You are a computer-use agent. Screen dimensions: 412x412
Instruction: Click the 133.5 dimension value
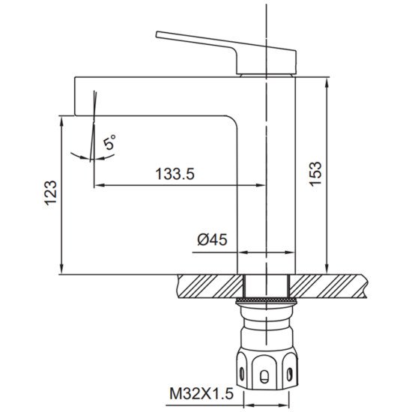click(x=175, y=174)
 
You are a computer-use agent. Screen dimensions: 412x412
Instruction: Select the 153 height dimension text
click(x=315, y=174)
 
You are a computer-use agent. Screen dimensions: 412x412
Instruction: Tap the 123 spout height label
click(x=50, y=193)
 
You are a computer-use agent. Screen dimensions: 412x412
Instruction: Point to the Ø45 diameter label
click(x=212, y=240)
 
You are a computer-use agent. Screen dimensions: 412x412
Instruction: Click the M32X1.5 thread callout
click(x=202, y=394)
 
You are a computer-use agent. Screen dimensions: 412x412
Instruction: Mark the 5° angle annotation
click(x=109, y=142)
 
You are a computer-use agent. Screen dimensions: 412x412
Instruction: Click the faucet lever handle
click(x=226, y=53)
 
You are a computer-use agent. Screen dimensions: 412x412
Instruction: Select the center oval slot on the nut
click(x=264, y=376)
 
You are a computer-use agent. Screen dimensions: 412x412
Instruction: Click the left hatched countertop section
click(x=210, y=286)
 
